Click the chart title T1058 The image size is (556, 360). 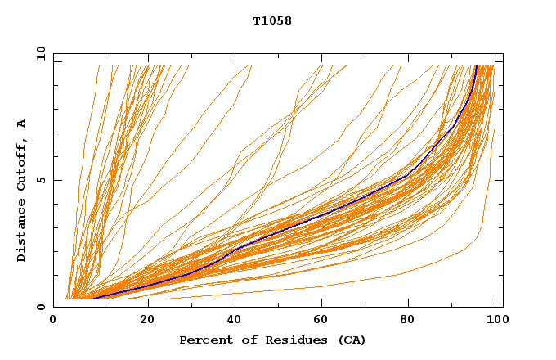tap(272, 21)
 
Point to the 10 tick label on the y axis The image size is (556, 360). tap(40, 52)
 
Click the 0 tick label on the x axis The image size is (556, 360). tap(54, 320)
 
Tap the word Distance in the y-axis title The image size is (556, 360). tap(21, 231)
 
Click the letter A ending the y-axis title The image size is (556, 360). tap(21, 124)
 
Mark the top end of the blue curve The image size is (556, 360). tap(476, 66)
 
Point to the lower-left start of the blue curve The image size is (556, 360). tap(94, 299)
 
